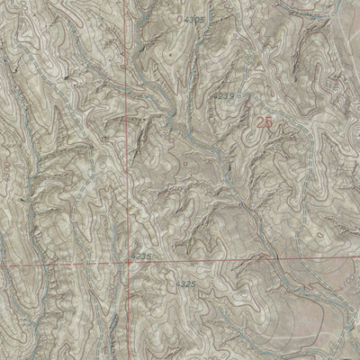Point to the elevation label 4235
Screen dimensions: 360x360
(141, 256)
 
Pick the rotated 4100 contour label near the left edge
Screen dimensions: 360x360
(30, 167)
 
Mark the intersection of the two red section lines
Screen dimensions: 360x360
(129, 265)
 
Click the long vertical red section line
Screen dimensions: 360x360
(128, 135)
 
